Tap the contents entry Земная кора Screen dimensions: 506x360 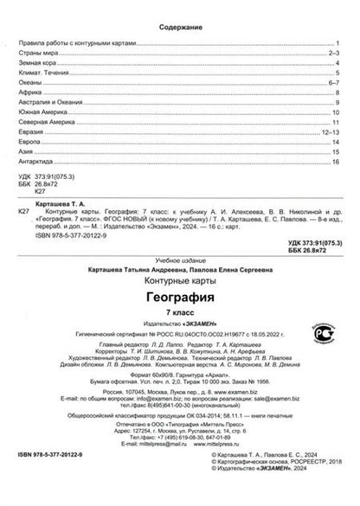tap(36, 65)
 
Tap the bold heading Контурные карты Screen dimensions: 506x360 tap(179, 283)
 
